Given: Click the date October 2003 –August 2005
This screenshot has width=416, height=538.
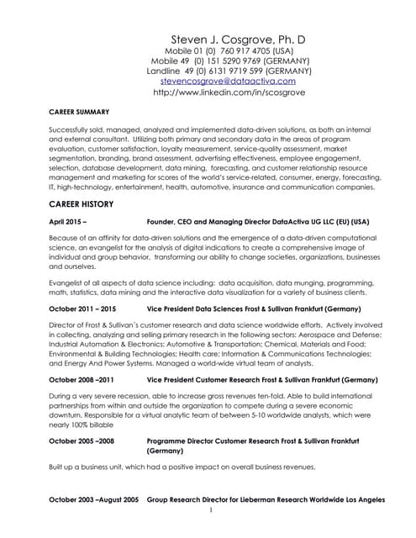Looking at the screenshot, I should point(93,498).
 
